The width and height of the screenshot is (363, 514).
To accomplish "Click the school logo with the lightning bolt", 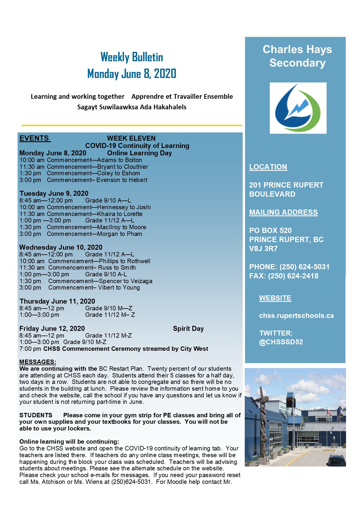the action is (298, 108).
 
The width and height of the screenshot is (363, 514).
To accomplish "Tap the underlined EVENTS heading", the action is (35, 138).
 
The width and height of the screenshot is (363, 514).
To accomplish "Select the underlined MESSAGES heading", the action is (37, 362).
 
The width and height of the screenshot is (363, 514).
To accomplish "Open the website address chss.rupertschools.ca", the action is (296, 316).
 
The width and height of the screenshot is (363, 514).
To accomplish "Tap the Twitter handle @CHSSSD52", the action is (281, 342).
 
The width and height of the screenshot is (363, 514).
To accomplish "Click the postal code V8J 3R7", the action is (263, 249).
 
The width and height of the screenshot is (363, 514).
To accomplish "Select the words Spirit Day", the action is (188, 329).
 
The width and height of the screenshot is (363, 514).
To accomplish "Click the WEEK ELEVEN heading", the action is (131, 138).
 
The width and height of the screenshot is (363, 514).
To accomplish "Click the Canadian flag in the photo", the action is (329, 412).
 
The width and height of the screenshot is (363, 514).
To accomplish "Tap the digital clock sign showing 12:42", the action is (289, 400).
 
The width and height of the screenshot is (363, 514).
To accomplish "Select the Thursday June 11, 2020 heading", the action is (57, 301).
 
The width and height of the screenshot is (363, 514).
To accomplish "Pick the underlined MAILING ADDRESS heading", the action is (283, 212).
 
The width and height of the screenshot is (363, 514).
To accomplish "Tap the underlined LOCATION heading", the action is (268, 167).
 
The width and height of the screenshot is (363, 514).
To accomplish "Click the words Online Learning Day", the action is (139, 153).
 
